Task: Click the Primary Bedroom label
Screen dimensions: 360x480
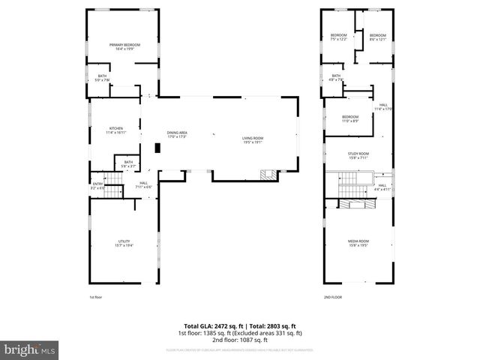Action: [x=124, y=46]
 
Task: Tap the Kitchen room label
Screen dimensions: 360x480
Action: [x=116, y=130]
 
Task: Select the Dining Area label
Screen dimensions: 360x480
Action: [x=177, y=135]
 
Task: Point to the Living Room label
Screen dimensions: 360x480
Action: [x=252, y=139]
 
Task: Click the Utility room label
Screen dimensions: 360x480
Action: [x=124, y=242]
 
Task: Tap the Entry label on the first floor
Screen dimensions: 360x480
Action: [x=97, y=185]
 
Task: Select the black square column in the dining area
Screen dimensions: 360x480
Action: [x=157, y=148]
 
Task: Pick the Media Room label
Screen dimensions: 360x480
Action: [x=357, y=242]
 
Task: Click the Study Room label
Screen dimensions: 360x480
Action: [x=357, y=155]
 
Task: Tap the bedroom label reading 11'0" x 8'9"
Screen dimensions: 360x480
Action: [x=350, y=118]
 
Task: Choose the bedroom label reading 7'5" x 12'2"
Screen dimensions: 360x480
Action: [x=339, y=37]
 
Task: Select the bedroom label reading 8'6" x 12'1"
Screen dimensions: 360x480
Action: [x=377, y=37]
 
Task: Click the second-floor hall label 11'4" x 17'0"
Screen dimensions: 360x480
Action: [x=383, y=106]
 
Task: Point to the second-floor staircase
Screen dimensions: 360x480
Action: [x=349, y=181]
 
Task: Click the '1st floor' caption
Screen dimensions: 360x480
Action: [x=95, y=298]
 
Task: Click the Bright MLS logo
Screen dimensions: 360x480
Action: [x=30, y=349]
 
